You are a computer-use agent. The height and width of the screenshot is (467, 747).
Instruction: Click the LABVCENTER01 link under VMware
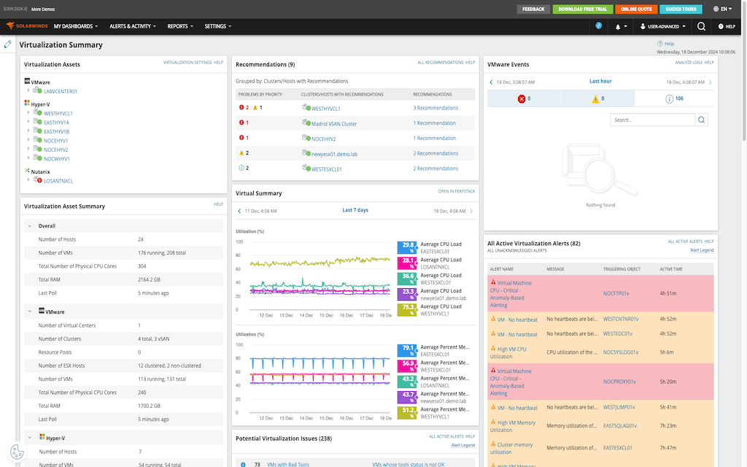click(x=61, y=91)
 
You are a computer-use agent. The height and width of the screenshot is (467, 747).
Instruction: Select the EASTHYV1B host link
click(x=57, y=131)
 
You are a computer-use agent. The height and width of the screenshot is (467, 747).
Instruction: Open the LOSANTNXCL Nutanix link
click(x=58, y=180)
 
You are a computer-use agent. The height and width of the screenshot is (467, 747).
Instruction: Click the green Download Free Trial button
click(x=582, y=9)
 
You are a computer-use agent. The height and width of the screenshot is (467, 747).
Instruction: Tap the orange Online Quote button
click(x=636, y=9)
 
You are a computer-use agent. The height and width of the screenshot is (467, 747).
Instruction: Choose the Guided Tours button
click(x=681, y=9)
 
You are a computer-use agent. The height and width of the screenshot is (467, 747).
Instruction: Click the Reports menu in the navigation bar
click(x=180, y=26)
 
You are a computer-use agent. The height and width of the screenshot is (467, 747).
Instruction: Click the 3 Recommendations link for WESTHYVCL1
click(x=436, y=108)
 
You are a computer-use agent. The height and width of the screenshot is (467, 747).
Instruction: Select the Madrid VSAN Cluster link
click(x=334, y=123)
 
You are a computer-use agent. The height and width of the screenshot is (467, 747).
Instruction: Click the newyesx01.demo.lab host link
click(x=334, y=154)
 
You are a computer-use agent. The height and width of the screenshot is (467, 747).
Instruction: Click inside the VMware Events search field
click(x=652, y=120)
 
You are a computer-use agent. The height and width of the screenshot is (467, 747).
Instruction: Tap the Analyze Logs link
click(x=687, y=63)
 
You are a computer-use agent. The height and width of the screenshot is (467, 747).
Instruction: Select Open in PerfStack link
click(x=456, y=191)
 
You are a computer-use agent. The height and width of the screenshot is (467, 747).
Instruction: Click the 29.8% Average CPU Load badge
click(x=406, y=247)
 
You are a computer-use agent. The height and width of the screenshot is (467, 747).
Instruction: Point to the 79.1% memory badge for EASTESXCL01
click(x=406, y=351)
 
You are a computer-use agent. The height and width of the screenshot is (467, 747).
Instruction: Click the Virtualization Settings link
click(x=187, y=63)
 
